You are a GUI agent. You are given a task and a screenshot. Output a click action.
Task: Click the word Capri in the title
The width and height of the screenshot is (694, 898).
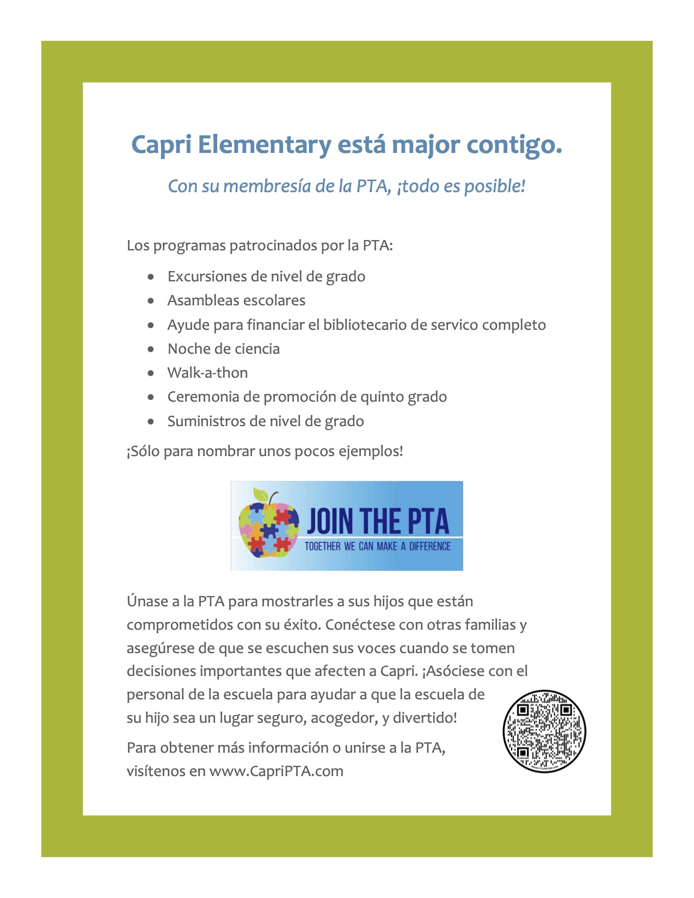click(x=161, y=145)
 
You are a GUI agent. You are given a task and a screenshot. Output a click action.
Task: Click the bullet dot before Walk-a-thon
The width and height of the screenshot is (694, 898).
click(x=151, y=373)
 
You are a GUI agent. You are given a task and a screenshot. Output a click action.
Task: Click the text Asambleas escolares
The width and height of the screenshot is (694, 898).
click(x=236, y=300)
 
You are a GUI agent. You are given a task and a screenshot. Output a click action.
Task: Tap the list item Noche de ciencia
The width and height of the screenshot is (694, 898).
click(x=223, y=349)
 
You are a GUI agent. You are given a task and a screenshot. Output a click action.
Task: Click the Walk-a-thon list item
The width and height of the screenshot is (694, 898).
click(x=207, y=373)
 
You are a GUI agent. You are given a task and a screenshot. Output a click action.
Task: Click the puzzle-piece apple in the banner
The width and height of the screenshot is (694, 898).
click(x=268, y=526)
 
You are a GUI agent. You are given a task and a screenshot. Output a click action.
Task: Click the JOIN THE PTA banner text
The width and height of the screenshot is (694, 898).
click(x=378, y=521)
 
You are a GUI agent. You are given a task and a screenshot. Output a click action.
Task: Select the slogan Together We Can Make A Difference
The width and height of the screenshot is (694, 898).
click(x=377, y=546)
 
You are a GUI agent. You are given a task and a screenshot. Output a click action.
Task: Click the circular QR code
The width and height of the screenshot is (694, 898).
click(x=544, y=731)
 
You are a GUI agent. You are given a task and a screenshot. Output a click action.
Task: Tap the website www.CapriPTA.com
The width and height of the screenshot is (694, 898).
click(x=276, y=771)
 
